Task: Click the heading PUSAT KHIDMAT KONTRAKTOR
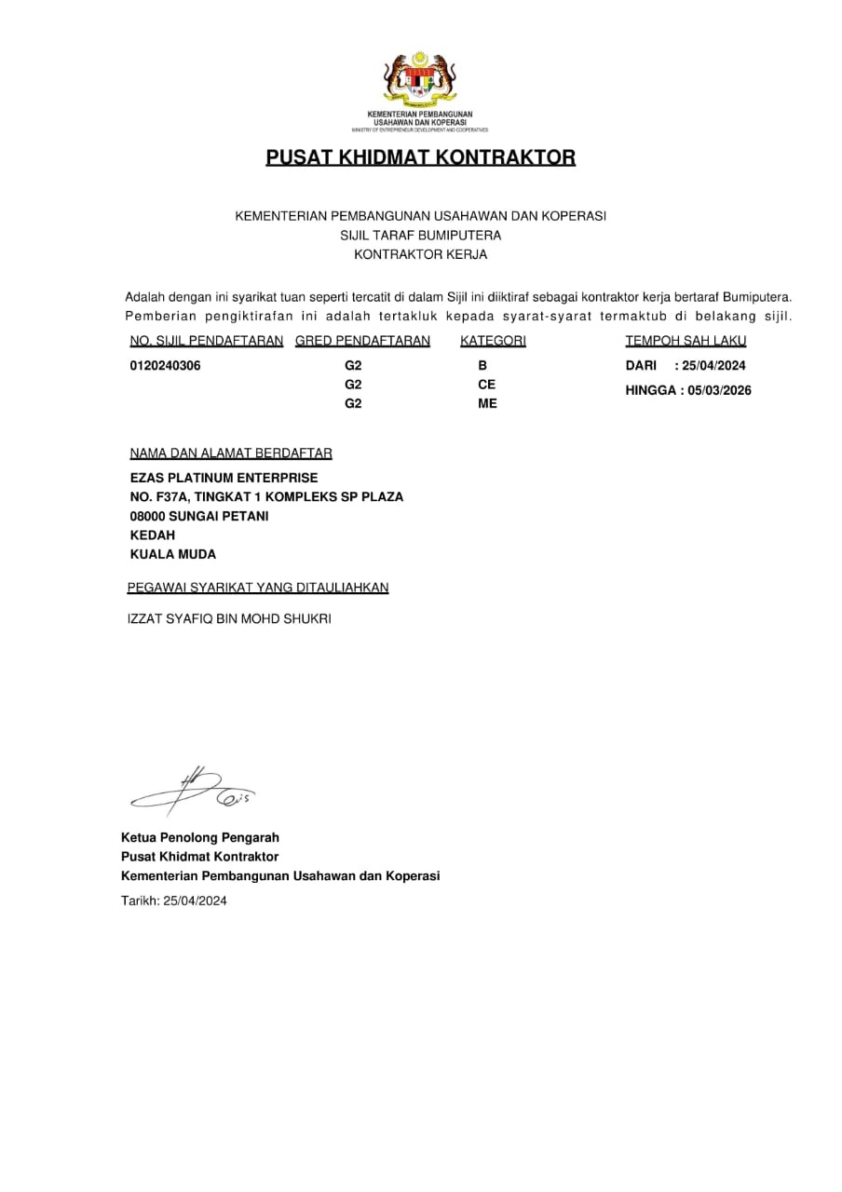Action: [x=421, y=157]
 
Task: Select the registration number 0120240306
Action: [x=165, y=366]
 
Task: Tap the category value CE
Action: [x=486, y=385]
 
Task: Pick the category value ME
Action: [x=487, y=403]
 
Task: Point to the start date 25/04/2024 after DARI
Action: [x=713, y=366]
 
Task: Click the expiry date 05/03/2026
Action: [x=719, y=390]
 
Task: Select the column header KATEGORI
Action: [x=493, y=341]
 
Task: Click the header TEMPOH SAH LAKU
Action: [x=686, y=341]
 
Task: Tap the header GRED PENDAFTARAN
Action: [x=362, y=341]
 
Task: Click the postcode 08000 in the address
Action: [x=148, y=516]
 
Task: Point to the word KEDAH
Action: [x=152, y=535]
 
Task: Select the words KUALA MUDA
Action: [x=172, y=554]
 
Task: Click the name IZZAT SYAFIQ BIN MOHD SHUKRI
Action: [x=228, y=618]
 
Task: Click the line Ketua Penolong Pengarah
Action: [x=199, y=837]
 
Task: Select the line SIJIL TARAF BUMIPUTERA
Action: [x=421, y=235]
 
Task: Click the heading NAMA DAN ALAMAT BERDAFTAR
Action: [x=231, y=454]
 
